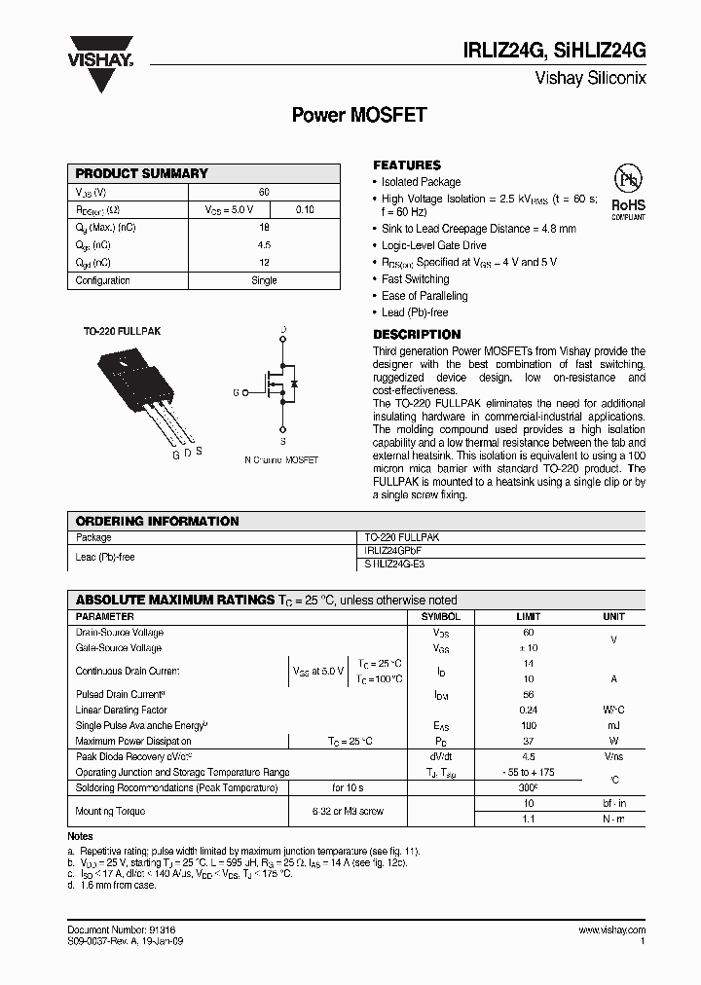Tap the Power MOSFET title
tap(359, 115)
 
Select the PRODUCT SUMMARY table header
tap(142, 173)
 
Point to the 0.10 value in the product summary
tap(304, 209)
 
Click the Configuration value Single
tap(264, 280)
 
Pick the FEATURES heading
tap(407, 165)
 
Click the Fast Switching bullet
tap(415, 279)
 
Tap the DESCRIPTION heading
tap(417, 335)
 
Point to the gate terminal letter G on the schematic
tap(236, 392)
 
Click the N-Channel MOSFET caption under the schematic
tap(281, 459)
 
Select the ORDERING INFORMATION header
tap(157, 521)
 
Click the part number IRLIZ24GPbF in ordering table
tap(393, 550)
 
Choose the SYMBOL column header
tap(440, 617)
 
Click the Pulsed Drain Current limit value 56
tap(529, 695)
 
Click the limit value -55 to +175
tap(529, 772)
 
